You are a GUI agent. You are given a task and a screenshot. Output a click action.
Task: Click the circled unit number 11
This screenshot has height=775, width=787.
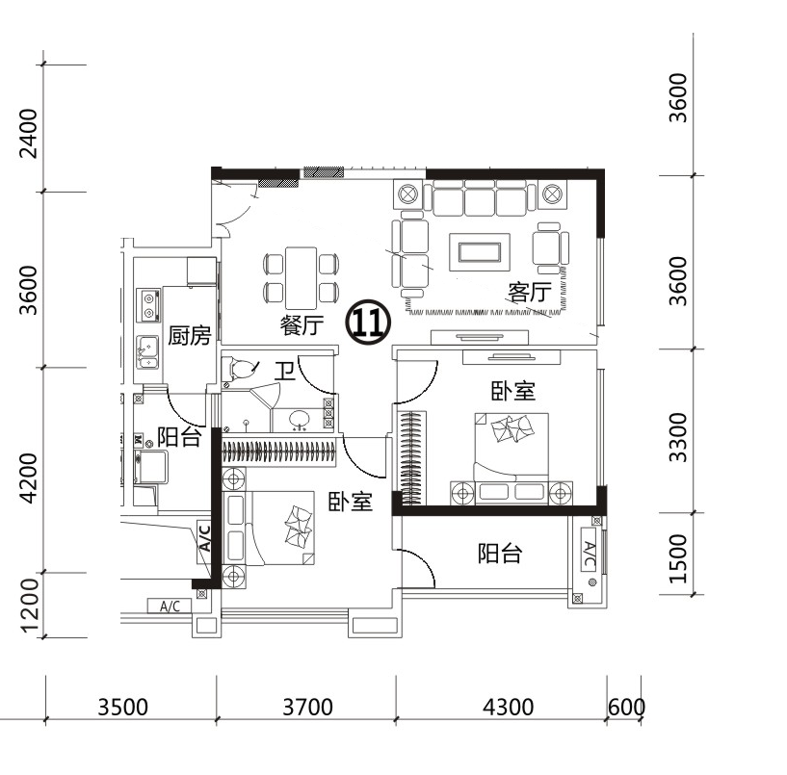click(368, 323)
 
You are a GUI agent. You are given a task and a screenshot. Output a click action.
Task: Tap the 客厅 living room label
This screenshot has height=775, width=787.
click(530, 293)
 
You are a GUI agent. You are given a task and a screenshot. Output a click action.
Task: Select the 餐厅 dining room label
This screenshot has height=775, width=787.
click(302, 325)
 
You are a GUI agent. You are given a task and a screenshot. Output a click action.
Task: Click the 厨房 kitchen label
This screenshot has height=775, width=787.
click(189, 335)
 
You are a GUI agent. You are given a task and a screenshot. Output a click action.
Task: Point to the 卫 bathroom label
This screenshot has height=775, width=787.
click(284, 372)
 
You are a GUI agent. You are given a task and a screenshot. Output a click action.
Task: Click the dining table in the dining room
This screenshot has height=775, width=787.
click(301, 278)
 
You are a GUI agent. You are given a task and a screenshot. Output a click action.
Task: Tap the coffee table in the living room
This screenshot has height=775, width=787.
click(480, 252)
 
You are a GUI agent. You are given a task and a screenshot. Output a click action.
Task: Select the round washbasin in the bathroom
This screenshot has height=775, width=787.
click(300, 418)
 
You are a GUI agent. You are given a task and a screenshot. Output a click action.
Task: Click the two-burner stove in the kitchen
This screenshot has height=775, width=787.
click(148, 306)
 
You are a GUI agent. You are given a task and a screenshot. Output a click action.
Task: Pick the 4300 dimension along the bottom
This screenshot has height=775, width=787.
click(508, 708)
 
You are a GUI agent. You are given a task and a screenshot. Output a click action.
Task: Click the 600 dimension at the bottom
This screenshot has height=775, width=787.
click(626, 708)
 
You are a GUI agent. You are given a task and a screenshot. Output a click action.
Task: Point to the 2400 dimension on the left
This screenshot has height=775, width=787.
click(28, 134)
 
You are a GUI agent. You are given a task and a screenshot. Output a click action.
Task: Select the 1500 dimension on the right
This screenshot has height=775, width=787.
click(677, 558)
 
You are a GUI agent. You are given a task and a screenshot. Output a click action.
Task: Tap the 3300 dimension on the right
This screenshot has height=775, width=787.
click(677, 437)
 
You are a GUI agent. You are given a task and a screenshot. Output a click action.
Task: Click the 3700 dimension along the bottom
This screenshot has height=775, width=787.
click(307, 708)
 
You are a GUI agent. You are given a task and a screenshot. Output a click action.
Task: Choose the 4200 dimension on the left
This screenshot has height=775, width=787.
click(28, 478)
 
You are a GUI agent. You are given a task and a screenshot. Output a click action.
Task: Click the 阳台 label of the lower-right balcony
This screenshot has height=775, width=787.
click(500, 554)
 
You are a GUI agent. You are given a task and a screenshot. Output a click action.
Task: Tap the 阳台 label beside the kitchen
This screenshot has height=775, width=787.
click(179, 437)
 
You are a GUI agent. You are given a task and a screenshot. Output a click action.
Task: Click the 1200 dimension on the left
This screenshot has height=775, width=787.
click(30, 606)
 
